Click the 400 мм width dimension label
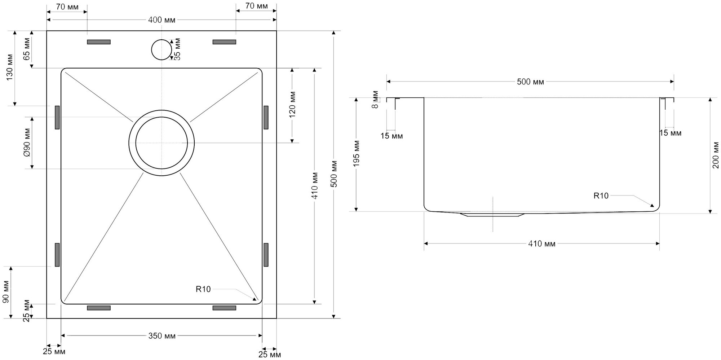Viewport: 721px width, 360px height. pyautogui.click(x=162, y=20)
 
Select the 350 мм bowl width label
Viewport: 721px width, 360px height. pyautogui.click(x=162, y=336)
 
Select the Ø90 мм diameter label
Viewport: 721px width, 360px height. pyautogui.click(x=27, y=142)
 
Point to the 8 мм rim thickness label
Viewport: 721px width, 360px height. pyautogui.click(x=376, y=100)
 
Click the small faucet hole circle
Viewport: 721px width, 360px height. pyautogui.click(x=162, y=50)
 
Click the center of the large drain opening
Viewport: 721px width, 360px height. pyautogui.click(x=162, y=143)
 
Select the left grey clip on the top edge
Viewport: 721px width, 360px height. pyautogui.click(x=99, y=42)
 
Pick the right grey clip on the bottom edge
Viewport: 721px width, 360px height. pyautogui.click(x=224, y=308)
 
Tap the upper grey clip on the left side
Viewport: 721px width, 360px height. pyautogui.click(x=57, y=117)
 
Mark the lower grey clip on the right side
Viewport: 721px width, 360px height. pyautogui.click(x=266, y=255)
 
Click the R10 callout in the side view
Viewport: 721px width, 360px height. pyautogui.click(x=601, y=196)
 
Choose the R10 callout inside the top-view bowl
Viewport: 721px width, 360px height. pyautogui.click(x=203, y=289)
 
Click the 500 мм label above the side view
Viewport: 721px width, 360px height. pyautogui.click(x=530, y=82)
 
